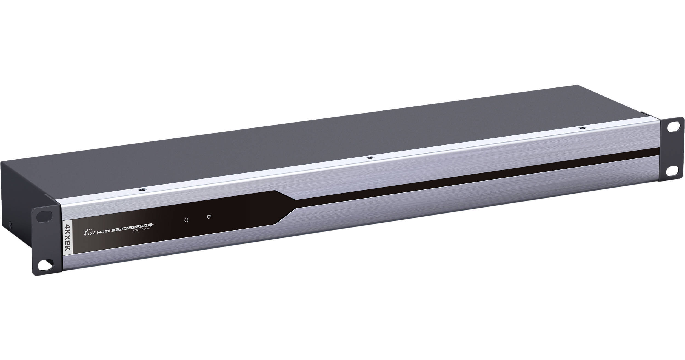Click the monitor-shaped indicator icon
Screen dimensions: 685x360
click(209, 209)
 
